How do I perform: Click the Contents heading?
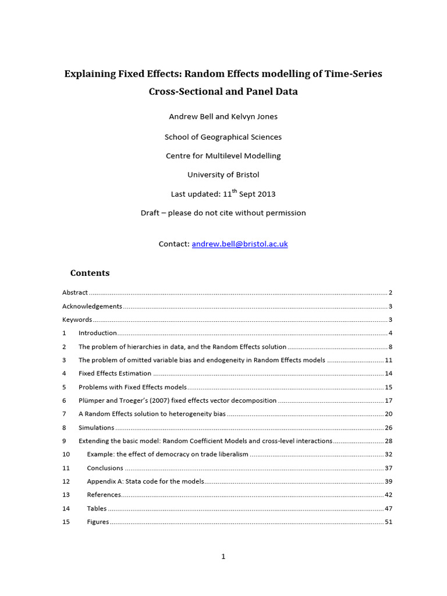(x=90, y=273)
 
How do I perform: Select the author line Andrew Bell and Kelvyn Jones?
(x=223, y=116)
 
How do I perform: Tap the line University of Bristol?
(x=223, y=175)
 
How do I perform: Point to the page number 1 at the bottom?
(x=223, y=556)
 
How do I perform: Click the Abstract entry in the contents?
(x=75, y=293)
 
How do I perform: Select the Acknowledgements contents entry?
(x=92, y=306)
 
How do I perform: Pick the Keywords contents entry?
(x=77, y=320)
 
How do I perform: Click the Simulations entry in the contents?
(x=97, y=427)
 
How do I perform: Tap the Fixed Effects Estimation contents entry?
(x=115, y=374)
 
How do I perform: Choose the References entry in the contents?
(x=104, y=495)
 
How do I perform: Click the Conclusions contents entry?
(x=105, y=468)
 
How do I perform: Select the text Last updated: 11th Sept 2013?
(x=223, y=194)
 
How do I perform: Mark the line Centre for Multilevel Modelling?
(x=223, y=156)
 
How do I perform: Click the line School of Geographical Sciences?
(x=223, y=137)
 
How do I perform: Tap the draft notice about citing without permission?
(x=223, y=213)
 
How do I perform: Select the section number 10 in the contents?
(x=66, y=454)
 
